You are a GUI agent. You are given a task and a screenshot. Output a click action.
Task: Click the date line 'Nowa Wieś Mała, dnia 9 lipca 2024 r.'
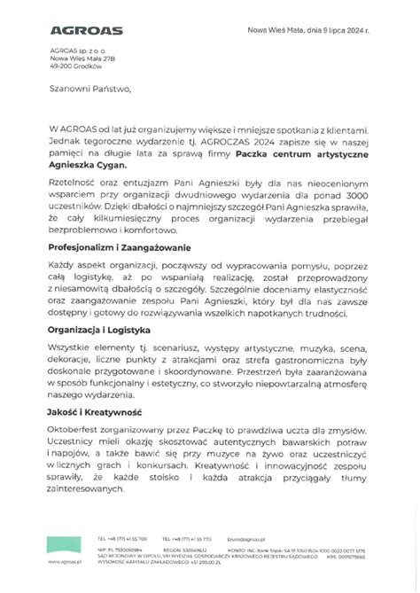(319, 30)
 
